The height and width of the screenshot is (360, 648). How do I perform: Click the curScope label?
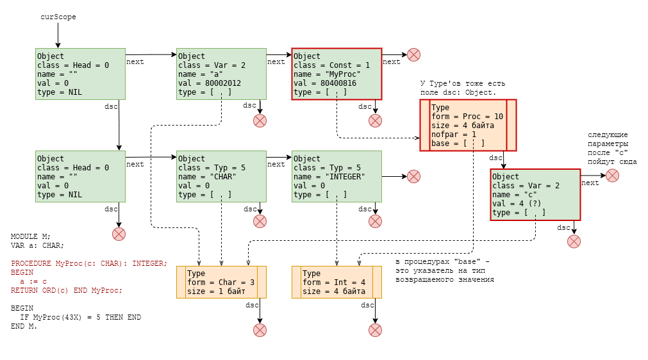point(58,17)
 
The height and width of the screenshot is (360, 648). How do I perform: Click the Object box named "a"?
point(221,74)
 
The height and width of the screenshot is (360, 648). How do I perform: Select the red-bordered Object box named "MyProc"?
point(336,74)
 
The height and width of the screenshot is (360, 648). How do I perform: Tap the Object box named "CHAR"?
point(221,176)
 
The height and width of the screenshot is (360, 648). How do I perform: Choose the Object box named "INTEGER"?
point(336,176)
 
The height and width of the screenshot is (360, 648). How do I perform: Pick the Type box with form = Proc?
point(468,125)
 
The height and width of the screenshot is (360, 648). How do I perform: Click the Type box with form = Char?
point(221,282)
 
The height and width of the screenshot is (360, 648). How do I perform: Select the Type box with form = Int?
point(336,282)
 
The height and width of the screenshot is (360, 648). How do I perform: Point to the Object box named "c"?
point(535,194)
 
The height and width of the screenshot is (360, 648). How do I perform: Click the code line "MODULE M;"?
point(30,236)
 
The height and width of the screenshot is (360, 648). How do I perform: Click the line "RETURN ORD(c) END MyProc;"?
point(67,290)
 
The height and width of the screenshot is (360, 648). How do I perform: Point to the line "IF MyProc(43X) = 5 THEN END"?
point(81,317)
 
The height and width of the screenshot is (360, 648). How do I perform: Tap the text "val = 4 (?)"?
point(517,204)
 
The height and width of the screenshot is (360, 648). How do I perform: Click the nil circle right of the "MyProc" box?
point(413,54)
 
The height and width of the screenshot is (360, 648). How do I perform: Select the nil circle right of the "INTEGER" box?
point(413,176)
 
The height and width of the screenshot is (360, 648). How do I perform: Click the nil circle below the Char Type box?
point(260,330)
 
